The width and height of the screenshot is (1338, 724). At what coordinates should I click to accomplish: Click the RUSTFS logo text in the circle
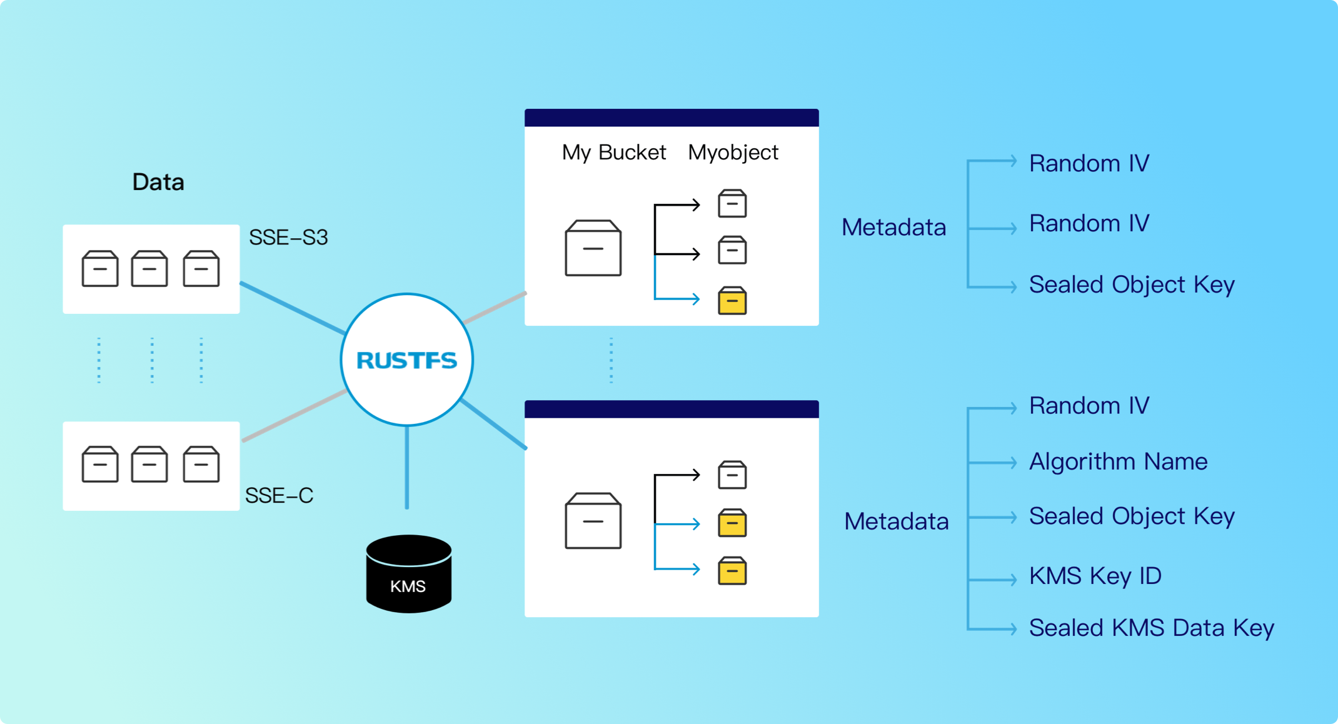pyautogui.click(x=406, y=360)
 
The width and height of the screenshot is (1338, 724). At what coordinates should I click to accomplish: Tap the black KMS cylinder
pyautogui.click(x=408, y=573)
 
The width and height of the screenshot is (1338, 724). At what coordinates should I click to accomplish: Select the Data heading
pyautogui.click(x=158, y=182)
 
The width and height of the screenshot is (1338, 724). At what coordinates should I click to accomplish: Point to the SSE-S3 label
pyautogui.click(x=288, y=238)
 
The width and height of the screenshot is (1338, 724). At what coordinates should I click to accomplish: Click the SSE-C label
pyautogui.click(x=279, y=495)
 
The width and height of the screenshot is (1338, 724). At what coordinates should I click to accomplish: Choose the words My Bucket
pyautogui.click(x=613, y=153)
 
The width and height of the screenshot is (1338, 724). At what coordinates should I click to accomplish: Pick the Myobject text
pyautogui.click(x=733, y=153)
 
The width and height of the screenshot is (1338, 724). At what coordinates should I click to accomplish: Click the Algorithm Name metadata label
pyautogui.click(x=1118, y=461)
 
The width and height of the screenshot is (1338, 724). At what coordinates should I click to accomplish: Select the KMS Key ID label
pyautogui.click(x=1095, y=576)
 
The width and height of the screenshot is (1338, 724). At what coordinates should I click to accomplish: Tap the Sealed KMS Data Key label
pyautogui.click(x=1151, y=628)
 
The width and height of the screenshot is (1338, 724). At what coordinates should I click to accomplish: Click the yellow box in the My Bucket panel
pyautogui.click(x=732, y=301)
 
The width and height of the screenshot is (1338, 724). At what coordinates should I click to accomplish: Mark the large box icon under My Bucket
pyautogui.click(x=593, y=248)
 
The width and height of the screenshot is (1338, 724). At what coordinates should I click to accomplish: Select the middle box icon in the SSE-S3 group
pyautogui.click(x=149, y=269)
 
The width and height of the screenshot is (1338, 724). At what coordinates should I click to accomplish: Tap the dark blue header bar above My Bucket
pyautogui.click(x=672, y=118)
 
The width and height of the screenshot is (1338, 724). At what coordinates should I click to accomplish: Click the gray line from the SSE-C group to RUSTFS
pyautogui.click(x=294, y=416)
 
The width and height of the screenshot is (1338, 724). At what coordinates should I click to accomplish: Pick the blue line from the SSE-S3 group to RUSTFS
pyautogui.click(x=292, y=308)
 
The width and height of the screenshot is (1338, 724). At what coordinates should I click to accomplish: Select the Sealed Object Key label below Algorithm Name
pyautogui.click(x=1132, y=516)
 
